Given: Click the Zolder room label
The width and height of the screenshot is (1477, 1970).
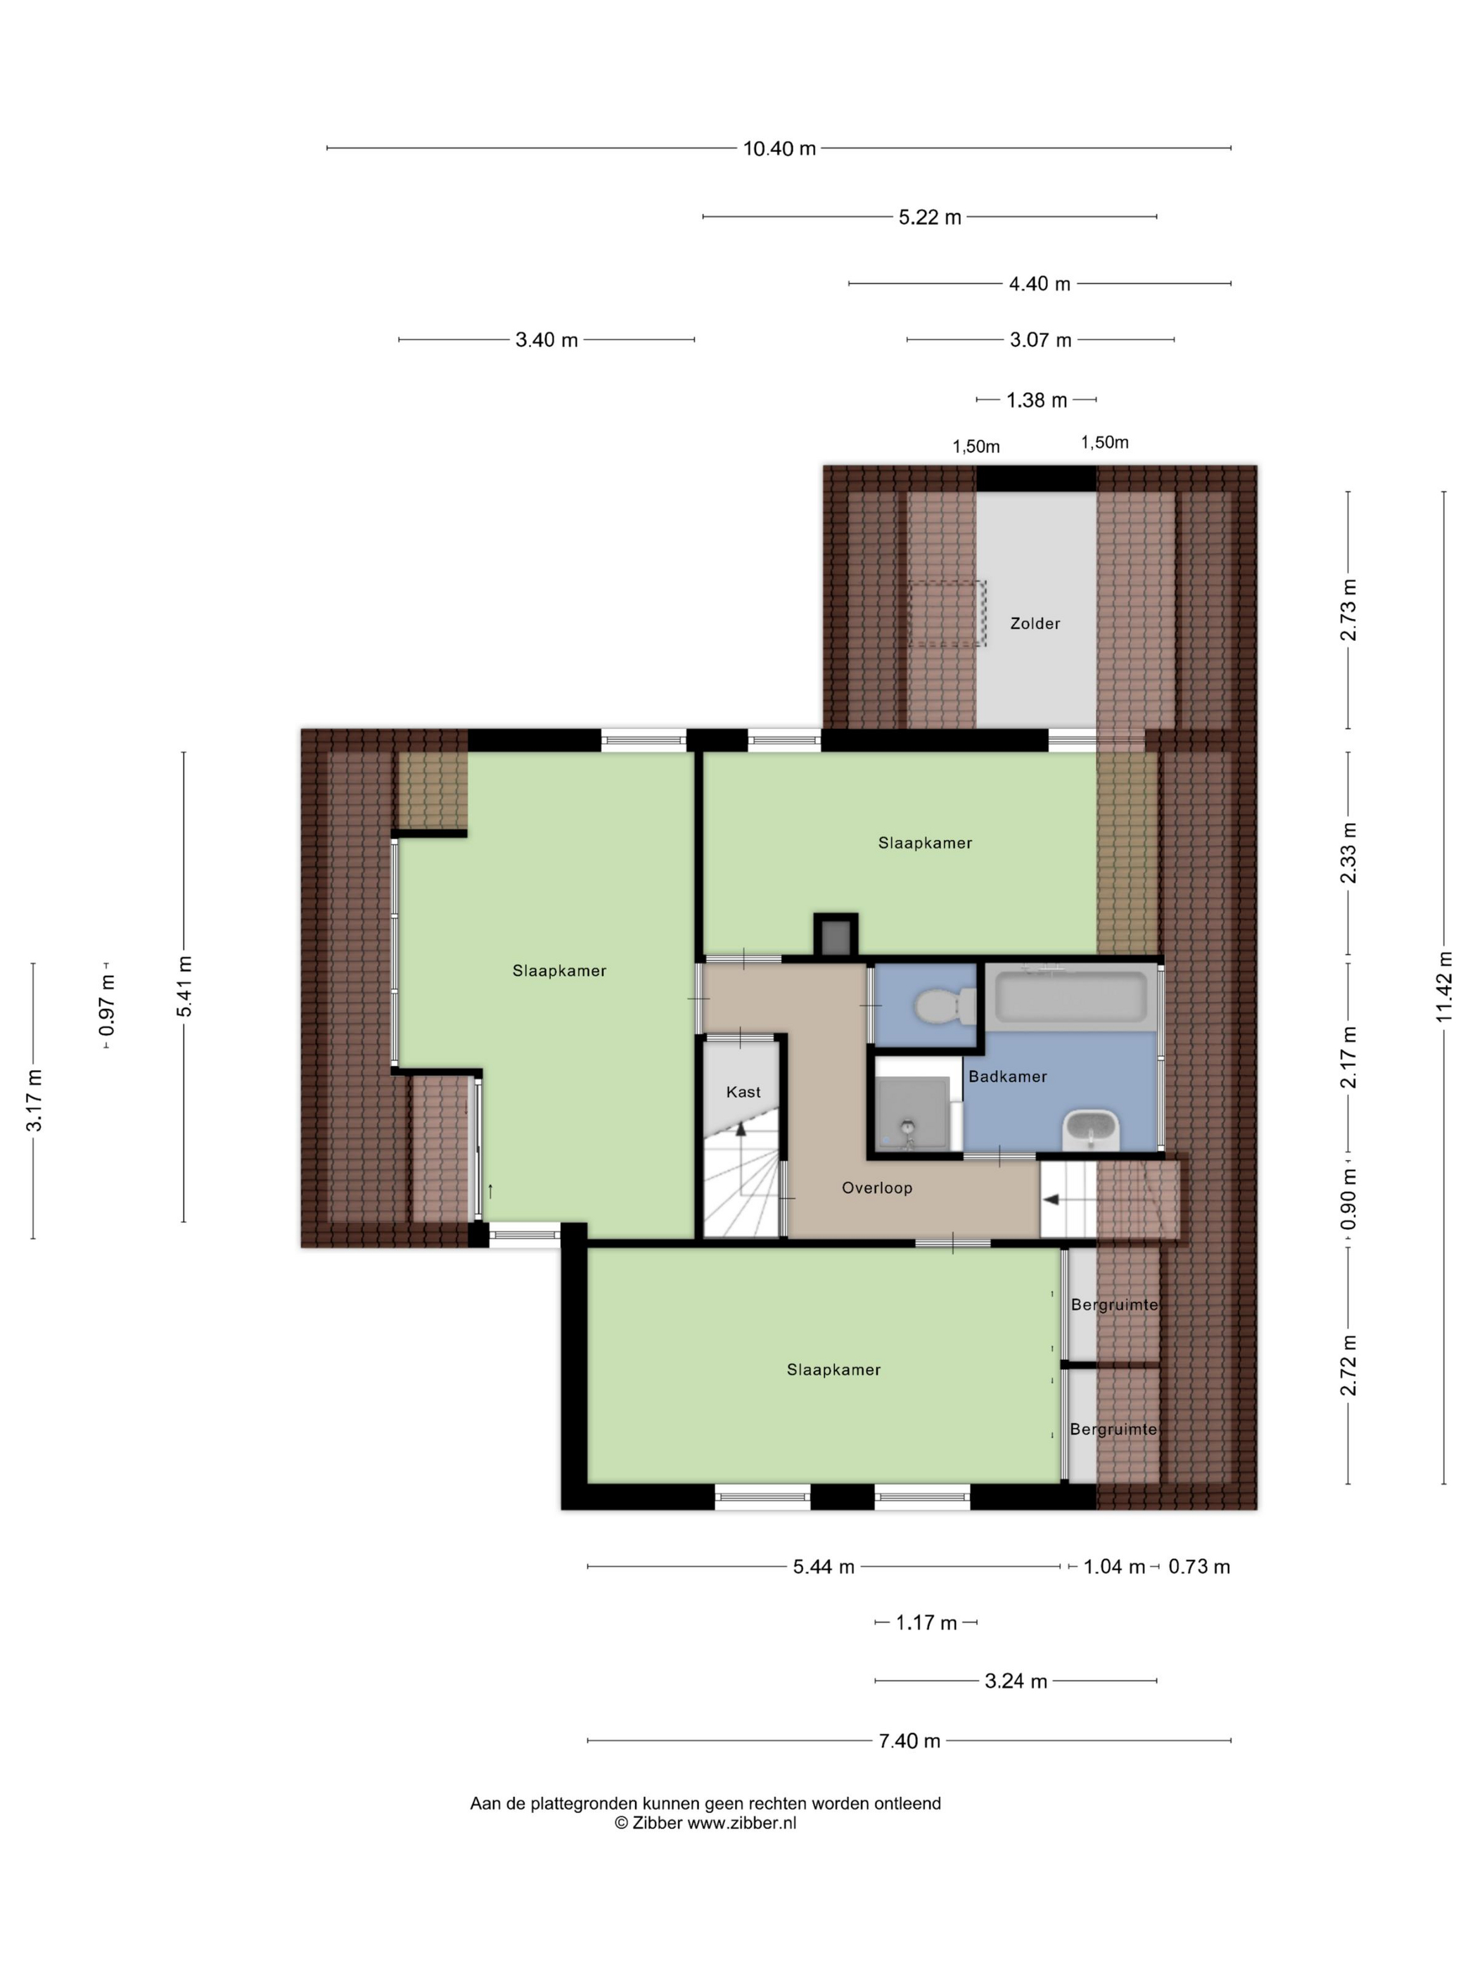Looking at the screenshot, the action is [x=1035, y=623].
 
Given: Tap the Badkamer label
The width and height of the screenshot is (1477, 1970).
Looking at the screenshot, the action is [x=1007, y=1076].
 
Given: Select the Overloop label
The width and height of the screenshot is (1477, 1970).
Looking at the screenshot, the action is [x=877, y=1187].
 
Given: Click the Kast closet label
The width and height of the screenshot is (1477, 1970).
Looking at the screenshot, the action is [x=743, y=1092].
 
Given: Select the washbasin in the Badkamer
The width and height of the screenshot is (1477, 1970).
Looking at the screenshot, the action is [x=1092, y=1130].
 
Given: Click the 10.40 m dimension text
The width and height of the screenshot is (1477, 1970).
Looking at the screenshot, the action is [x=780, y=148].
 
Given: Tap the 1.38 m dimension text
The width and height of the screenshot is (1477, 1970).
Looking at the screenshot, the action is [x=1036, y=400].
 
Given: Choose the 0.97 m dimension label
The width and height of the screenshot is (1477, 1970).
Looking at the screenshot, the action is [x=107, y=1005].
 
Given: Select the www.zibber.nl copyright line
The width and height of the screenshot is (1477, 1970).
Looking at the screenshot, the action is [x=705, y=1823].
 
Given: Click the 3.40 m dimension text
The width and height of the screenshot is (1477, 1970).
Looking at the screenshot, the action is [x=546, y=339].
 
